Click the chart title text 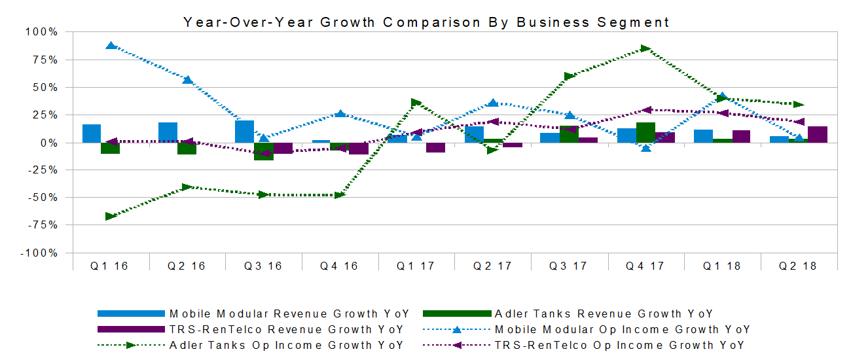click(426, 22)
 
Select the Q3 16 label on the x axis click(263, 266)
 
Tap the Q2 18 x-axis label click(798, 266)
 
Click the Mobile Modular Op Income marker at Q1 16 click(111, 46)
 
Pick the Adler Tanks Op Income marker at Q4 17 click(646, 48)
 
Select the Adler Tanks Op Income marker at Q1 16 click(111, 216)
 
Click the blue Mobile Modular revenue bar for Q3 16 click(244, 132)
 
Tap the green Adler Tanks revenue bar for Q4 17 click(645, 132)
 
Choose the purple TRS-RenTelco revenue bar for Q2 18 click(818, 134)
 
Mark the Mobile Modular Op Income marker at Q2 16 click(187, 80)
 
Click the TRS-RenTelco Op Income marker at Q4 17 click(646, 110)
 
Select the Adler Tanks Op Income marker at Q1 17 click(416, 103)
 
